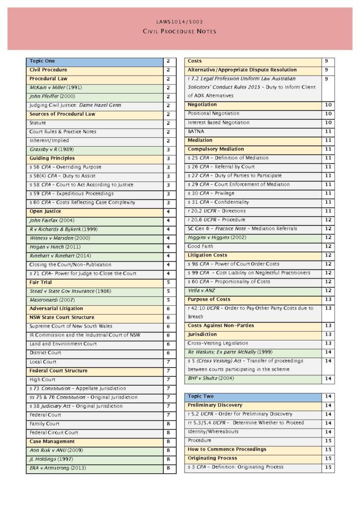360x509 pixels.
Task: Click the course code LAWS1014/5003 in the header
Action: click(180, 22)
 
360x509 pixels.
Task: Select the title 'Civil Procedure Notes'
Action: click(180, 32)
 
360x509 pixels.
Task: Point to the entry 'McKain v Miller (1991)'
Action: click(56, 87)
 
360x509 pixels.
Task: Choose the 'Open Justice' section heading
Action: click(45, 211)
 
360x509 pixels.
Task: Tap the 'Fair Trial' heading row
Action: click(41, 282)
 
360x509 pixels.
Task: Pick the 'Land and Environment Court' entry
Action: click(63, 344)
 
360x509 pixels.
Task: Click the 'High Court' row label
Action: click(43, 380)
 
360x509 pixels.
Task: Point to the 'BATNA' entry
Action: click(196, 132)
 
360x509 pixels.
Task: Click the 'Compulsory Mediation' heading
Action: click(216, 149)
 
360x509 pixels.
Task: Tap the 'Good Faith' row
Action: click(200, 247)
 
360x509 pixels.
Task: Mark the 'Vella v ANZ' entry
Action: click(201, 290)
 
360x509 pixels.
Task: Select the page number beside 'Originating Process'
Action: click(328, 458)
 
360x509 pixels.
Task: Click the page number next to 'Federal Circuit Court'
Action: click(169, 432)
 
